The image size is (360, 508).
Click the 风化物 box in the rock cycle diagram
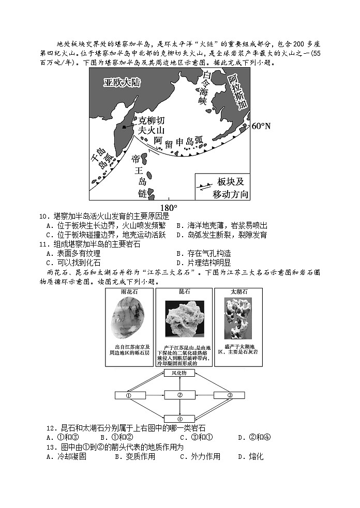point(179,373)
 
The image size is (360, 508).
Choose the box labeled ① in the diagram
point(129,395)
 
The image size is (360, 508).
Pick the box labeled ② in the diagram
point(179,395)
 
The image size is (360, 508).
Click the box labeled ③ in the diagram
point(229,395)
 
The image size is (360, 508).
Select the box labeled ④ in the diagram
point(179,419)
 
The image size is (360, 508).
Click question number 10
point(43,216)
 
